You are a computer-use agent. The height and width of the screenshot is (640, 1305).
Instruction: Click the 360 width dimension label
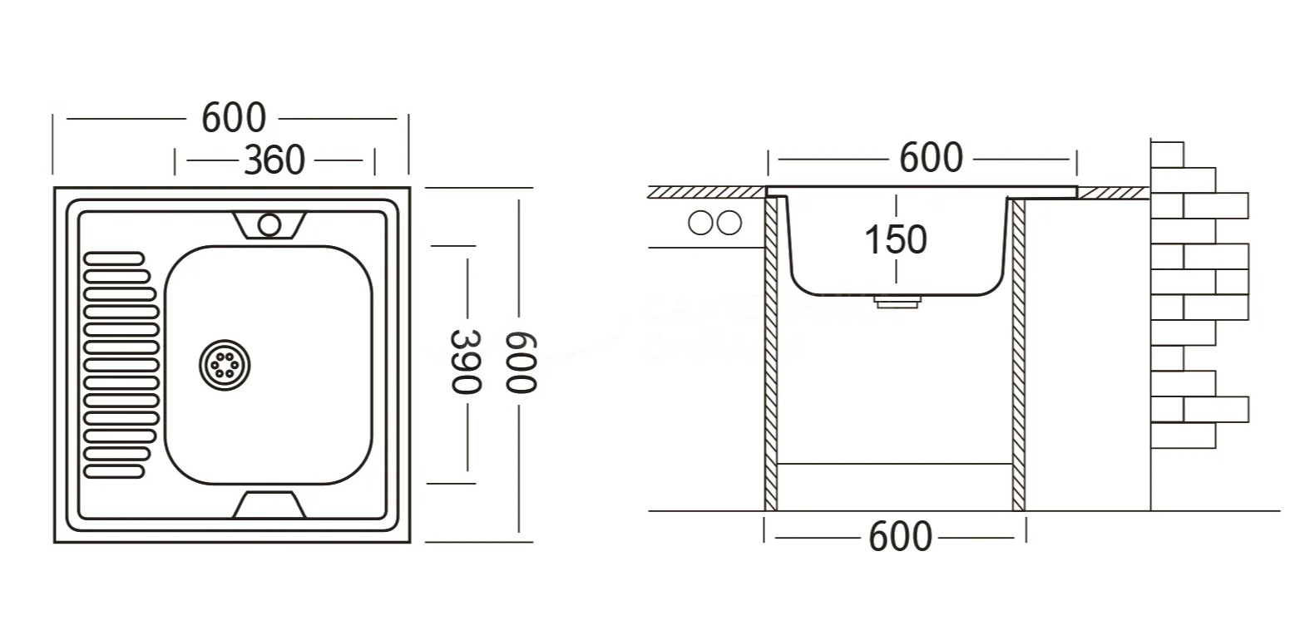(274, 160)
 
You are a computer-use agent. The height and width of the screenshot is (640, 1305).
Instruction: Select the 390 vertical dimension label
(467, 362)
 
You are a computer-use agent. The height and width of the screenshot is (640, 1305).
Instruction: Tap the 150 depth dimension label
(896, 240)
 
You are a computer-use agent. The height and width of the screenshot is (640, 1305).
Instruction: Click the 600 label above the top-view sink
(234, 118)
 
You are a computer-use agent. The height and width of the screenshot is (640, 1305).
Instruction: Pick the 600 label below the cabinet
(900, 537)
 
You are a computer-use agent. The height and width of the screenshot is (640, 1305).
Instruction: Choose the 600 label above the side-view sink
(931, 157)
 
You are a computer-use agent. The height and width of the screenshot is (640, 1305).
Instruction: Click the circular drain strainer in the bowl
(225, 364)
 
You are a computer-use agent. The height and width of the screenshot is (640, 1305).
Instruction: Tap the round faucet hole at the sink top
(269, 224)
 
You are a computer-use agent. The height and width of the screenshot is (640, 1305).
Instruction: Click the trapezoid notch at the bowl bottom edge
(268, 505)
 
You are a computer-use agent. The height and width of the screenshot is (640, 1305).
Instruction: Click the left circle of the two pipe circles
(701, 223)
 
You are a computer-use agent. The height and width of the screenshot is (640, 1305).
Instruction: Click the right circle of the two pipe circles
(729, 223)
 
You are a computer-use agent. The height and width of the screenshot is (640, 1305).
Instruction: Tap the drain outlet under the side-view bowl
(898, 301)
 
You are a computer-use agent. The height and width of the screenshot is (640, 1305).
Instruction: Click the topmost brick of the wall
(1166, 154)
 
